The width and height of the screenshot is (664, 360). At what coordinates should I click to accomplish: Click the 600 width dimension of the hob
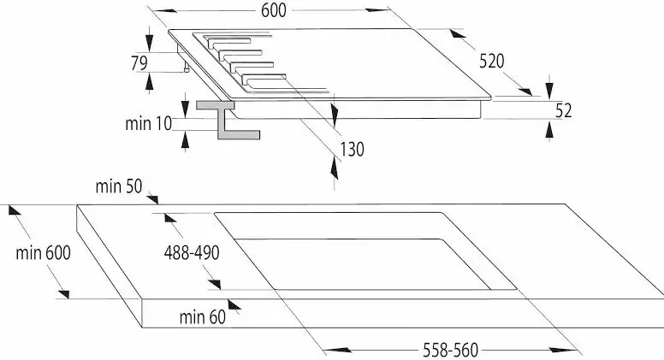[274, 10]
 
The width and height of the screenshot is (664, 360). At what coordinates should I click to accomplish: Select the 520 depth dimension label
[492, 62]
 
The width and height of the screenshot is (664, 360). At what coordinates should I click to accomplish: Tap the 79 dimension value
[139, 63]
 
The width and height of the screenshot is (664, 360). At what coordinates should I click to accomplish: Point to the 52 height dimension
[563, 110]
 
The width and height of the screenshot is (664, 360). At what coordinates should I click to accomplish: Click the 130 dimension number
[353, 150]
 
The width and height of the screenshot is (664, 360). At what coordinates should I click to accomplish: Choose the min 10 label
[149, 123]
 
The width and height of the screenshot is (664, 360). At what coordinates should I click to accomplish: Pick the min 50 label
[119, 186]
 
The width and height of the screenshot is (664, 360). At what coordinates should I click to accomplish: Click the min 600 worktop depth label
[43, 253]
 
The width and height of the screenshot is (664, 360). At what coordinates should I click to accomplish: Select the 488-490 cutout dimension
[192, 253]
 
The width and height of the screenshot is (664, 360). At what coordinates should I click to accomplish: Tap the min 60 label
[203, 317]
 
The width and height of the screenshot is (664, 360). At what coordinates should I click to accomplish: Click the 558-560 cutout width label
[451, 351]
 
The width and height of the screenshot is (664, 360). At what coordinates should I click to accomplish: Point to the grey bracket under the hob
[228, 120]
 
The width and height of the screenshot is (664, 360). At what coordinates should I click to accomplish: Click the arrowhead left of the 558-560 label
[337, 350]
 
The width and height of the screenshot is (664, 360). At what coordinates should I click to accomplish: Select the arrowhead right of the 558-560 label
[563, 350]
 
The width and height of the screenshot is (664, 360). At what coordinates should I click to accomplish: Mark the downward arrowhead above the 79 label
[149, 39]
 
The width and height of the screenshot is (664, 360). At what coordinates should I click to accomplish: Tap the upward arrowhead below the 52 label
[549, 131]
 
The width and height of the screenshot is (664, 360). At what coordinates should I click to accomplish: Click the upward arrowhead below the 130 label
[335, 168]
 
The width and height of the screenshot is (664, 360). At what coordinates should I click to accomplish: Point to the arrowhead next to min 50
[152, 199]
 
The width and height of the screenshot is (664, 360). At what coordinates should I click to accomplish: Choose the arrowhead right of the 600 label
[376, 9]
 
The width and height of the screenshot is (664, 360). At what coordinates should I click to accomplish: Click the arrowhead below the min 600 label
[63, 294]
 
